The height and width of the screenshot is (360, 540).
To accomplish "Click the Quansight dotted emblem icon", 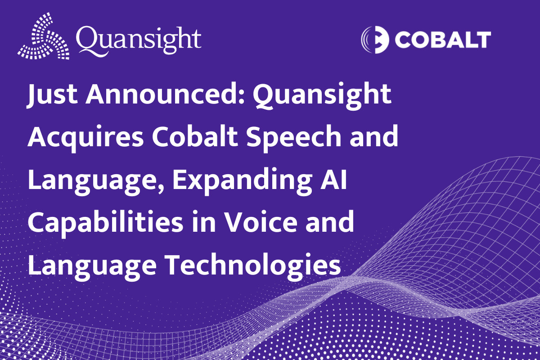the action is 44,36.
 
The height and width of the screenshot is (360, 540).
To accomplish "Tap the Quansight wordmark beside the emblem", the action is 139,41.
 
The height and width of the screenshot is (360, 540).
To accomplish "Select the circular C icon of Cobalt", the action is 375,40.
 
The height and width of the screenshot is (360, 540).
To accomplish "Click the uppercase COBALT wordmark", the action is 443,40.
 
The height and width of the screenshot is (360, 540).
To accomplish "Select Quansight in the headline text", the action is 322,96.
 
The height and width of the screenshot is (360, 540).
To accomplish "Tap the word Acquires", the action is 85,138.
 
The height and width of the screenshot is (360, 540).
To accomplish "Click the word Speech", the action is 293,138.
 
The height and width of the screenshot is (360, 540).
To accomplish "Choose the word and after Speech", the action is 374,136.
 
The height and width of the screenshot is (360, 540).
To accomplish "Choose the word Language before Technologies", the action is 92,266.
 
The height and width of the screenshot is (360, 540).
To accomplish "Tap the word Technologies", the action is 252,266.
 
